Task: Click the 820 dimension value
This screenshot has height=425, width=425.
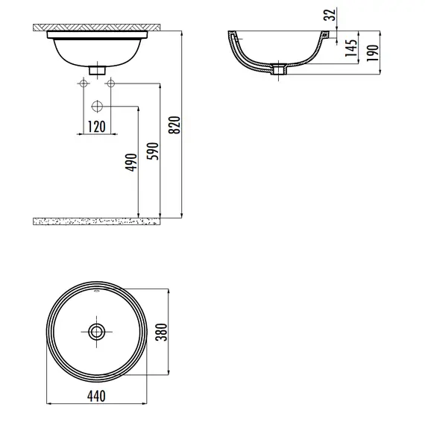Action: point(174,125)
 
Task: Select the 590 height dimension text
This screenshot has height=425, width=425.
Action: point(153,151)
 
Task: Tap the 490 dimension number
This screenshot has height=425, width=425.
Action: point(131,163)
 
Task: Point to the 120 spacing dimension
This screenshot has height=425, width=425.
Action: point(97,127)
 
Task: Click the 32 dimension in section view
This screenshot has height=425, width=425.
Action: point(330,15)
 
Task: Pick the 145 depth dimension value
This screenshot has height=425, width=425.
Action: point(351,48)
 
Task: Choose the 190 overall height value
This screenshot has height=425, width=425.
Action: point(373,53)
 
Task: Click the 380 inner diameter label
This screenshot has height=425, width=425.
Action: point(162,332)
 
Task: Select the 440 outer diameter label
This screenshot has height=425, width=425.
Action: point(96,396)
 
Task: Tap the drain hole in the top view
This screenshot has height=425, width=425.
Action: point(96,332)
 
